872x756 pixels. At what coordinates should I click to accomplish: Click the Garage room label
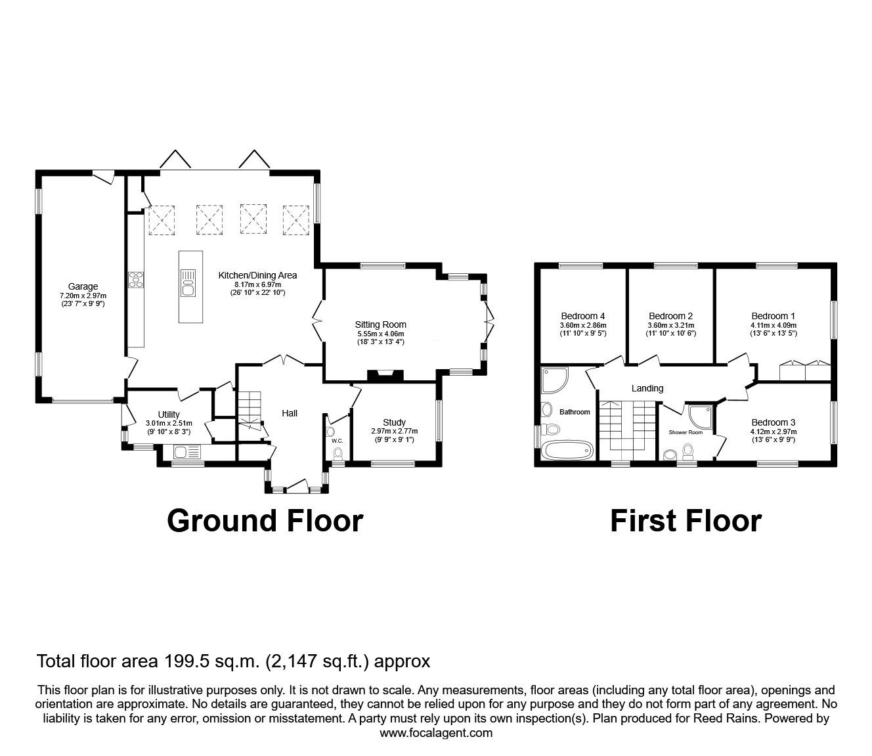pos(83,286)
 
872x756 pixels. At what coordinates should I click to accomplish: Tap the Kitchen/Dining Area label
pos(257,275)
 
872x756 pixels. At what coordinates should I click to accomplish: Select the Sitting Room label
pos(380,324)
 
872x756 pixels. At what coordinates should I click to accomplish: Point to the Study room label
pos(394,422)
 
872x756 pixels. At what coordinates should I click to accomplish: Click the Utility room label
pos(169,414)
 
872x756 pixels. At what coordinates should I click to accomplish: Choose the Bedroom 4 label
pos(582,316)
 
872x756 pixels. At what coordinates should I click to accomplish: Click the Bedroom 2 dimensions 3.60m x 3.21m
pos(671,325)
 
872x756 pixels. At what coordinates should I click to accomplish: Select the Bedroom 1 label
pos(774,316)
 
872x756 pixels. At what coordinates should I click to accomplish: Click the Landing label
pos(647,388)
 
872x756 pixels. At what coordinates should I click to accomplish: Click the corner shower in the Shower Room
pos(701,416)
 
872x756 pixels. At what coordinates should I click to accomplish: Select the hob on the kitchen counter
pos(136,279)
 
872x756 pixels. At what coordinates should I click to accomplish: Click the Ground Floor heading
pos(265,521)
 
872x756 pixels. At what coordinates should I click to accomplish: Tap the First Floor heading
pos(686,521)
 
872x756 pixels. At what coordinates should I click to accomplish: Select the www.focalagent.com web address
pos(436,733)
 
